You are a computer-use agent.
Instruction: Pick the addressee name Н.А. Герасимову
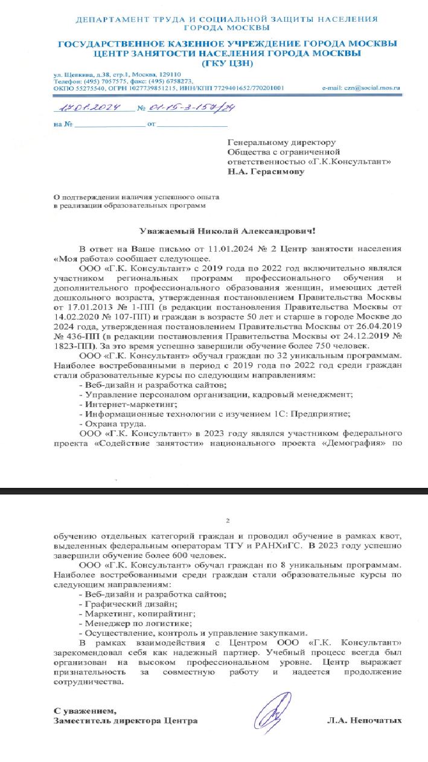[266, 171]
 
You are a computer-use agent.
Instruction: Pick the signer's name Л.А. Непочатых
[364, 720]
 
